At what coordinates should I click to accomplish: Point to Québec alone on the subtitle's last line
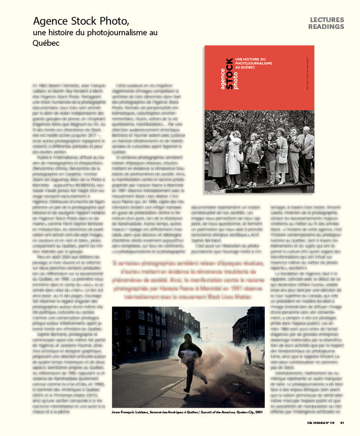click(46, 43)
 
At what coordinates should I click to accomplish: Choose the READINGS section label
click(326, 27)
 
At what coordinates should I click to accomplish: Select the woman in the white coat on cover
click(235, 158)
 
